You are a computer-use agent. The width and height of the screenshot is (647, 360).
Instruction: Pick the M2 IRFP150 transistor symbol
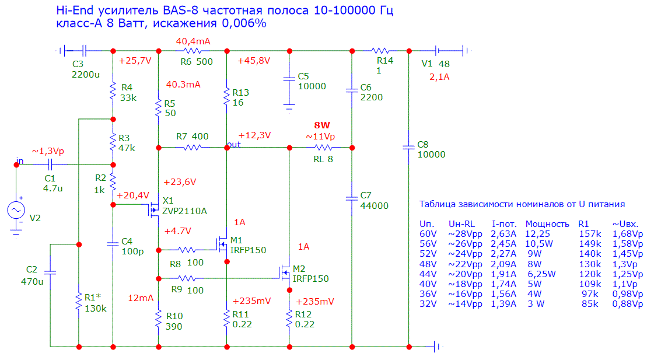pos(285,272)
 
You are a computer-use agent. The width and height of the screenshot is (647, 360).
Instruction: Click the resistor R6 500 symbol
pos(193,51)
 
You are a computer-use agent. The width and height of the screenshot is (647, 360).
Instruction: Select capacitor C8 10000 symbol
pos(408,148)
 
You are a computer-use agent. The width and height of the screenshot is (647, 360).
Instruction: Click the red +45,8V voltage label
pos(254,61)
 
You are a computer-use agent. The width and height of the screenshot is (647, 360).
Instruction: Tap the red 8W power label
pos(322,125)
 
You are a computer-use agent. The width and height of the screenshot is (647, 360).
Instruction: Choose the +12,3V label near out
pos(254,136)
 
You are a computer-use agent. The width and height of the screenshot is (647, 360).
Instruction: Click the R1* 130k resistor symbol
pos(79,301)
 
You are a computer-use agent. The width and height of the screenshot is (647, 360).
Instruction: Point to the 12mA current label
pos(141,298)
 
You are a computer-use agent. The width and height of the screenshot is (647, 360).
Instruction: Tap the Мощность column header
pos(547,223)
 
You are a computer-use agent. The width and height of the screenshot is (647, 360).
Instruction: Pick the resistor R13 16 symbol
pos(226,97)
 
